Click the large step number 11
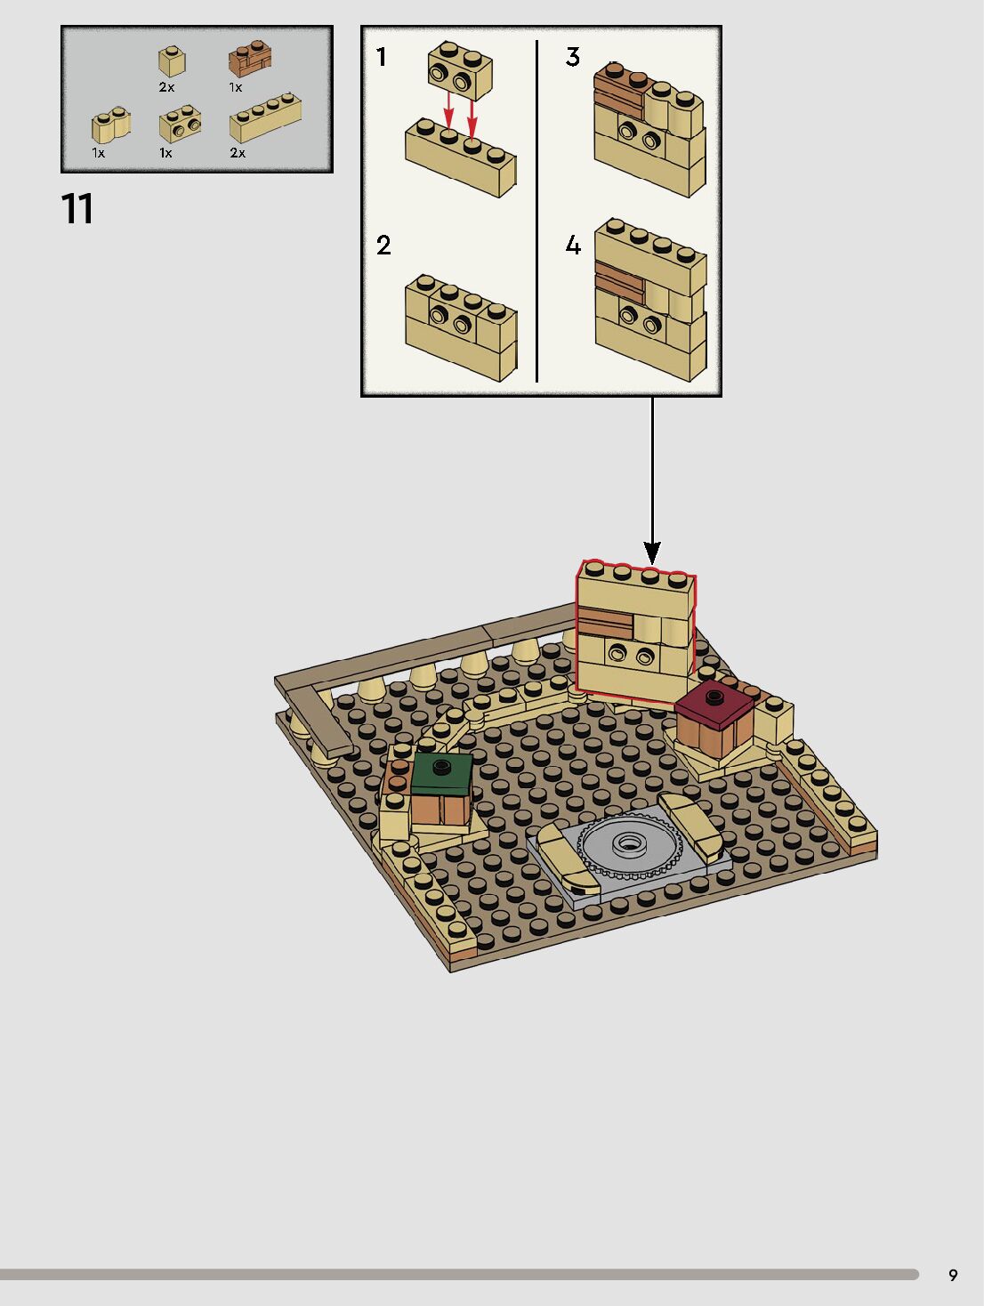tap(77, 209)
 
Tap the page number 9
tap(953, 1275)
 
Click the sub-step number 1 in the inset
tap(382, 58)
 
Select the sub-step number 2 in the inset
tap(383, 246)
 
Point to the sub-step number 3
tap(573, 58)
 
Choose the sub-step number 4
tap(573, 246)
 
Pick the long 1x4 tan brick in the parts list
tap(265, 119)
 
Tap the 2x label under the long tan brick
tap(238, 153)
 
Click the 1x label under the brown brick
tap(236, 87)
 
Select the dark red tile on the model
tap(714, 705)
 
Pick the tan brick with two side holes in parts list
tap(180, 125)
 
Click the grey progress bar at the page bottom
tap(458, 1275)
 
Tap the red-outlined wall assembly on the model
tap(635, 627)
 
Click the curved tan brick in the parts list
tap(111, 126)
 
